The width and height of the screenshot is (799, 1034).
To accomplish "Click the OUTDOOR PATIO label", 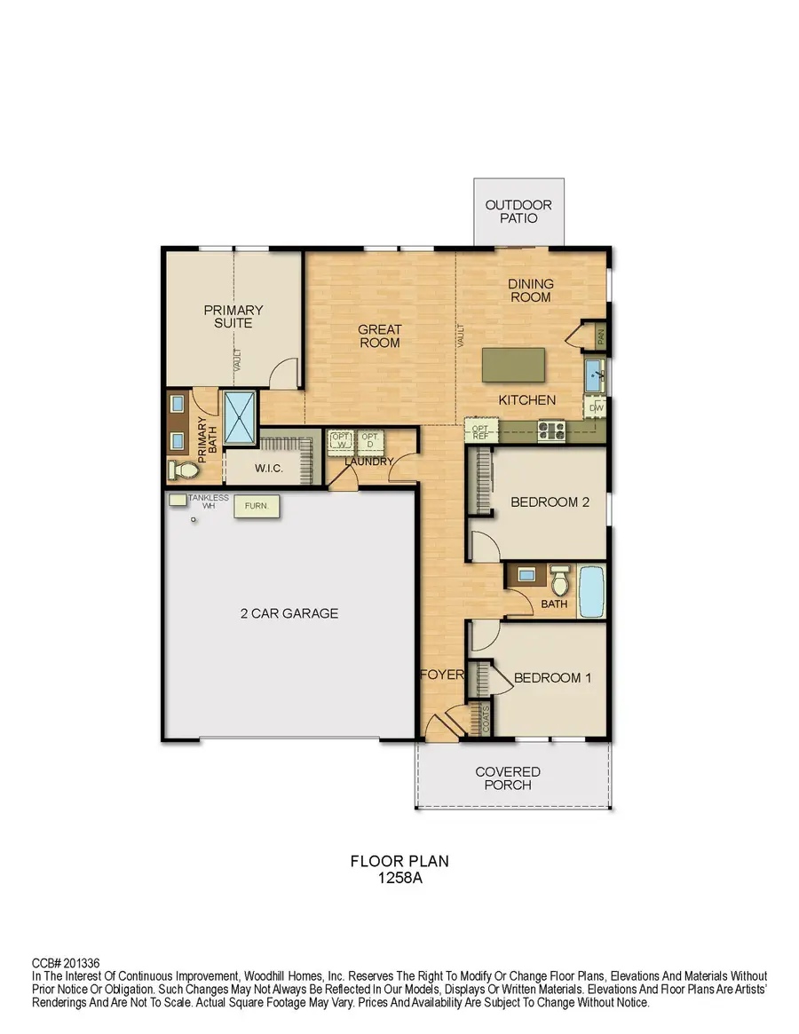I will pos(518,211).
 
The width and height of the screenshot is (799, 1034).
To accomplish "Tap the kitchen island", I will pos(513,364).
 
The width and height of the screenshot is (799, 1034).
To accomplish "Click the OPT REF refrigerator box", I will pos(482,431).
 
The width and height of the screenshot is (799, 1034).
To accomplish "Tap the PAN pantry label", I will pos(601,335).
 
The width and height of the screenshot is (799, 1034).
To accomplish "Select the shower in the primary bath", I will pos(239,416).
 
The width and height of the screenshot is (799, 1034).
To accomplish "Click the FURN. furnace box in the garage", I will pos(257,507).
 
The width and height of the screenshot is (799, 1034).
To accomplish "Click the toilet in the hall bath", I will pos(559,582).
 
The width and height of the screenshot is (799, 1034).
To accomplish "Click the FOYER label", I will pos(442,675).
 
